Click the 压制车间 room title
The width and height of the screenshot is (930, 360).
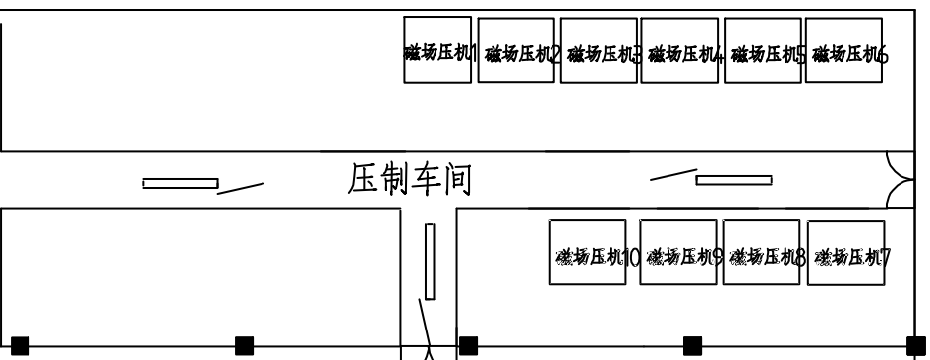[x=411, y=180]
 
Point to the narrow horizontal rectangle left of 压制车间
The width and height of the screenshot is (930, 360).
[x=180, y=183]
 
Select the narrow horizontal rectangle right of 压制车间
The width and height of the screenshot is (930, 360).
[x=733, y=180]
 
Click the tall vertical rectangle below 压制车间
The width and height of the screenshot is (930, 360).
[x=430, y=261]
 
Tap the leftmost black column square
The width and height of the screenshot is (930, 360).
[x=20, y=345]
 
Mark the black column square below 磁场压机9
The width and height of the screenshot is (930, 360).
[x=693, y=345]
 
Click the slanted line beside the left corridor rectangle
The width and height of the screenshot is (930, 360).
[x=241, y=186]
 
